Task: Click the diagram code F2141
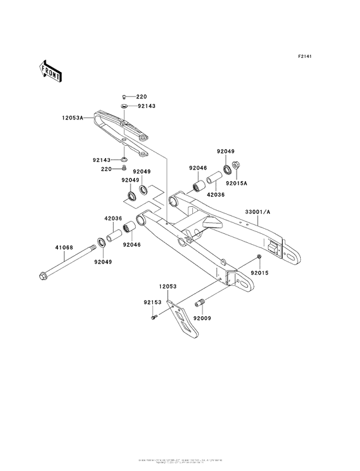(x=305, y=57)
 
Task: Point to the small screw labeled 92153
(x=154, y=316)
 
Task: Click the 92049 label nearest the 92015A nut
(x=225, y=151)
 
